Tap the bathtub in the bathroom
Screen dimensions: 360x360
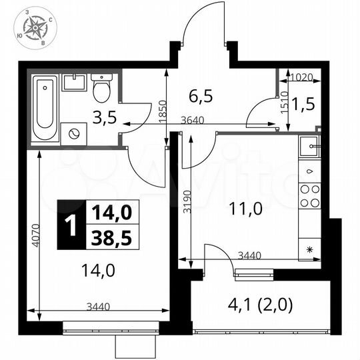(x=45, y=109)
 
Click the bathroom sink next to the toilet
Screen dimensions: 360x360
(x=73, y=83)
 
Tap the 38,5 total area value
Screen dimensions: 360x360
(x=111, y=237)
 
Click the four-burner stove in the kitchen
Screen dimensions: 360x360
(x=309, y=195)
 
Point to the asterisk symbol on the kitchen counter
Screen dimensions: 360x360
(x=309, y=249)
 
